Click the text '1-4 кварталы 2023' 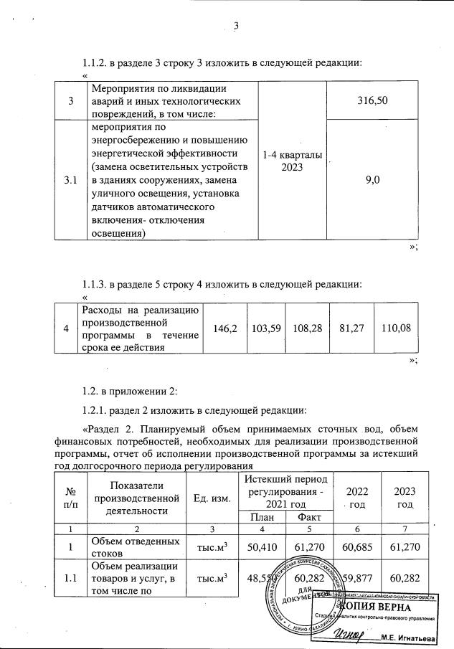coord(293,161)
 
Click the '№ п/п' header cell coord(70,496)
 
